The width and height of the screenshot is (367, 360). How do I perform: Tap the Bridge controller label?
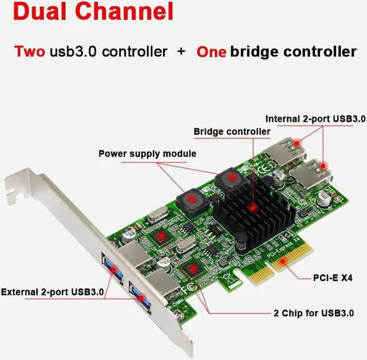(x=232, y=132)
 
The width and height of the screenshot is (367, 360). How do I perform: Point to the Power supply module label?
(x=147, y=154)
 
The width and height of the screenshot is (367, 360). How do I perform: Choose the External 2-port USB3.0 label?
(x=52, y=292)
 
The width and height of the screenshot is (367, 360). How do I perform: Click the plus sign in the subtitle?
(x=181, y=52)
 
